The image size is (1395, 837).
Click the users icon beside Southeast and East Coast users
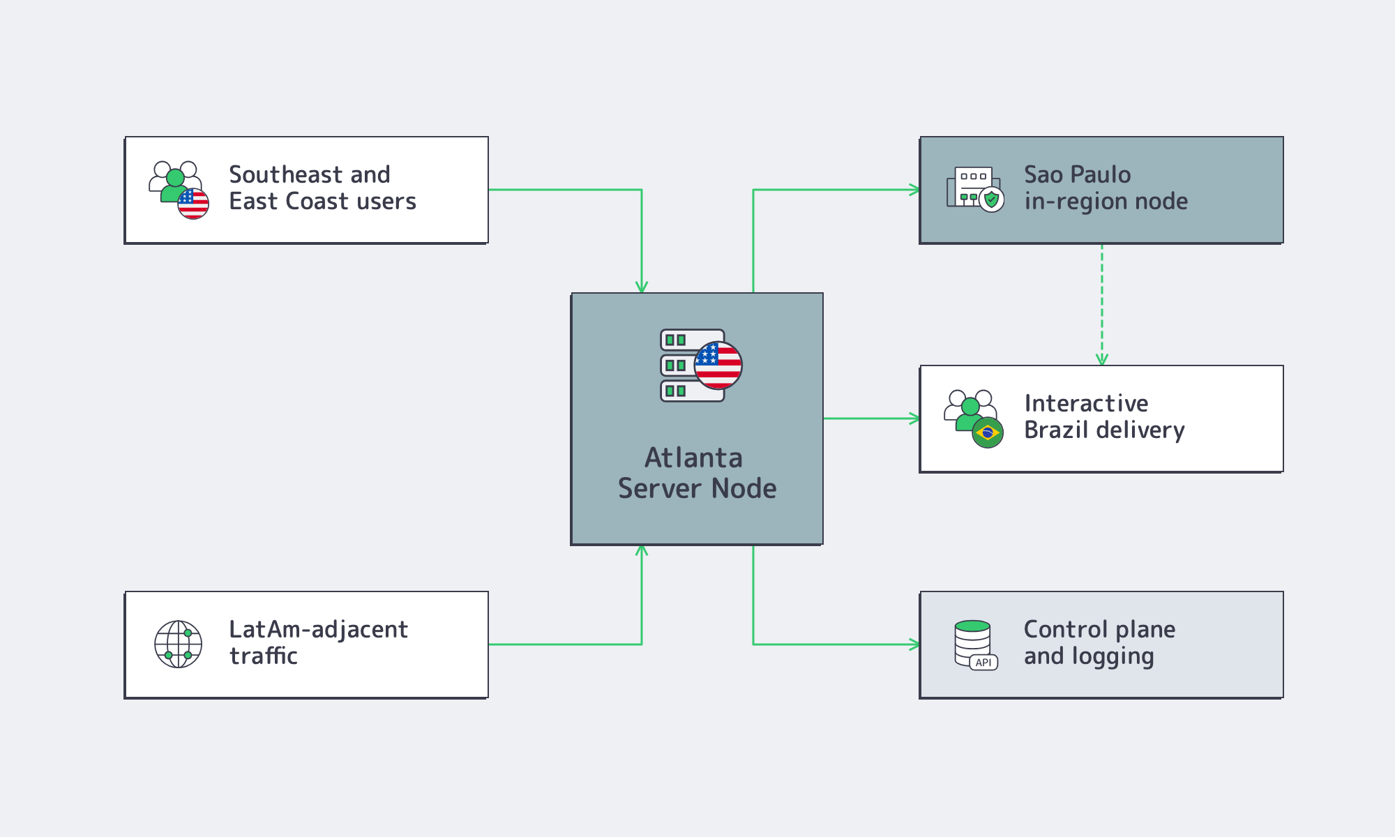coord(179,190)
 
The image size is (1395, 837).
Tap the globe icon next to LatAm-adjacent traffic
coord(179,644)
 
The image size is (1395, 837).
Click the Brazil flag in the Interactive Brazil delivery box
coord(988,432)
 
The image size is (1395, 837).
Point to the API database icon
coord(976,645)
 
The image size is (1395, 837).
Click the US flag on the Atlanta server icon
coord(718,365)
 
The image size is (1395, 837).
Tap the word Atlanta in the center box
coord(693,458)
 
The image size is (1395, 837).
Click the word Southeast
coord(285,174)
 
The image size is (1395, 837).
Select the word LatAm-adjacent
coord(318,630)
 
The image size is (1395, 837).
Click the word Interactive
coord(1086,403)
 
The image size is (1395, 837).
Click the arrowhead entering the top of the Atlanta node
coord(642,287)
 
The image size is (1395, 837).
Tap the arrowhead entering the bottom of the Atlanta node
coord(642,550)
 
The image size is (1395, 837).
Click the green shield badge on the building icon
coord(991,199)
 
